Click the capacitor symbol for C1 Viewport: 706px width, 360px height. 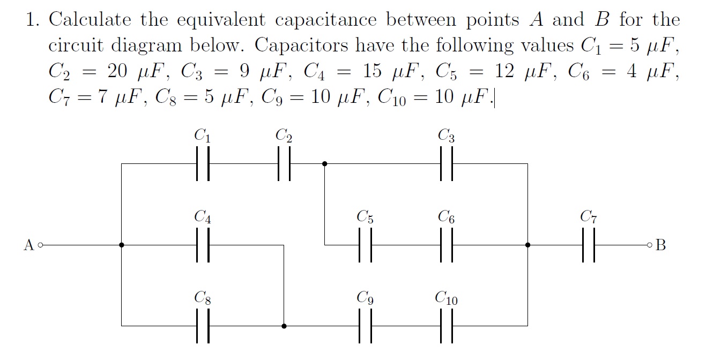(x=203, y=164)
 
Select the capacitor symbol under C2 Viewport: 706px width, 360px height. (x=284, y=164)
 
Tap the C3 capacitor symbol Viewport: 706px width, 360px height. (x=447, y=164)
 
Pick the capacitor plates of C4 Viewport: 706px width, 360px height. (x=203, y=245)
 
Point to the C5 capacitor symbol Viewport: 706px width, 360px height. (x=365, y=245)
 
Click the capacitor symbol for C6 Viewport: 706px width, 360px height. (x=447, y=245)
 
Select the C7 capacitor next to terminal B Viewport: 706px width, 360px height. (x=589, y=245)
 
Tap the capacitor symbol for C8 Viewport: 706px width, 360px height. (x=203, y=326)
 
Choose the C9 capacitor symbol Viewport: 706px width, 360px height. (x=365, y=326)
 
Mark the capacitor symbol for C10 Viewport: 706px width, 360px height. (x=447, y=326)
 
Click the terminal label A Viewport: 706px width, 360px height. (x=29, y=245)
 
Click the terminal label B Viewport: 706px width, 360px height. (x=661, y=245)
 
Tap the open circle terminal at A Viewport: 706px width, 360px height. (x=40, y=245)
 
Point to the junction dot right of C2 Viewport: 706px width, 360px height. (x=324, y=164)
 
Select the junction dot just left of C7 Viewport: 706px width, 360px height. (x=528, y=245)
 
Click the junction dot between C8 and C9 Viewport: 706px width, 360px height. (x=284, y=326)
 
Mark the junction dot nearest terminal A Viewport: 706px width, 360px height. (x=122, y=245)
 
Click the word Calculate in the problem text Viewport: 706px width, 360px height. (x=90, y=20)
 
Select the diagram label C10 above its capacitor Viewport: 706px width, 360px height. (x=446, y=298)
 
